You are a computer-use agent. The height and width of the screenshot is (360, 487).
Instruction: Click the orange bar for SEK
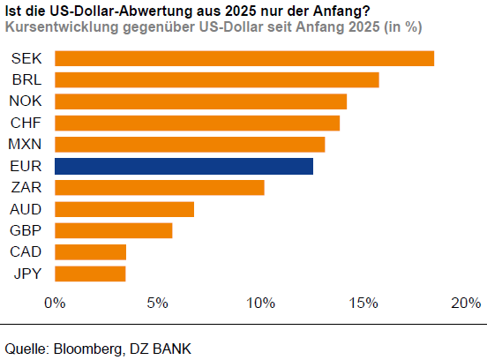click(244, 58)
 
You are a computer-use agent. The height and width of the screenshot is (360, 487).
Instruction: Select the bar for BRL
click(217, 79)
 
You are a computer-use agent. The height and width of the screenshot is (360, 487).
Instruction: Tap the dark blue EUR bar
click(184, 166)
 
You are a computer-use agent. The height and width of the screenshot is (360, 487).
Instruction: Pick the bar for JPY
click(90, 274)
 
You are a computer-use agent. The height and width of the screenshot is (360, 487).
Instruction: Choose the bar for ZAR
click(160, 187)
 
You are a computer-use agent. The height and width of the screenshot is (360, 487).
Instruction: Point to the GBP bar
click(114, 230)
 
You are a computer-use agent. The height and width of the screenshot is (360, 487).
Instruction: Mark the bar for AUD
click(124, 209)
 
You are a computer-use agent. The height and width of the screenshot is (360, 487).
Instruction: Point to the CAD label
click(26, 252)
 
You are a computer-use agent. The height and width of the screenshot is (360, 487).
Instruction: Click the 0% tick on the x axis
click(55, 304)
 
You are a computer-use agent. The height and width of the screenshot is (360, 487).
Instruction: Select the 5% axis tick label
click(157, 304)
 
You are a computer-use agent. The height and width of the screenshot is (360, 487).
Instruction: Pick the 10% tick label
click(259, 304)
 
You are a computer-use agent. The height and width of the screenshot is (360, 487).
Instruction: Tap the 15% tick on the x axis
click(363, 304)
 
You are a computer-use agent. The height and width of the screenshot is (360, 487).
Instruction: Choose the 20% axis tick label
click(465, 304)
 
